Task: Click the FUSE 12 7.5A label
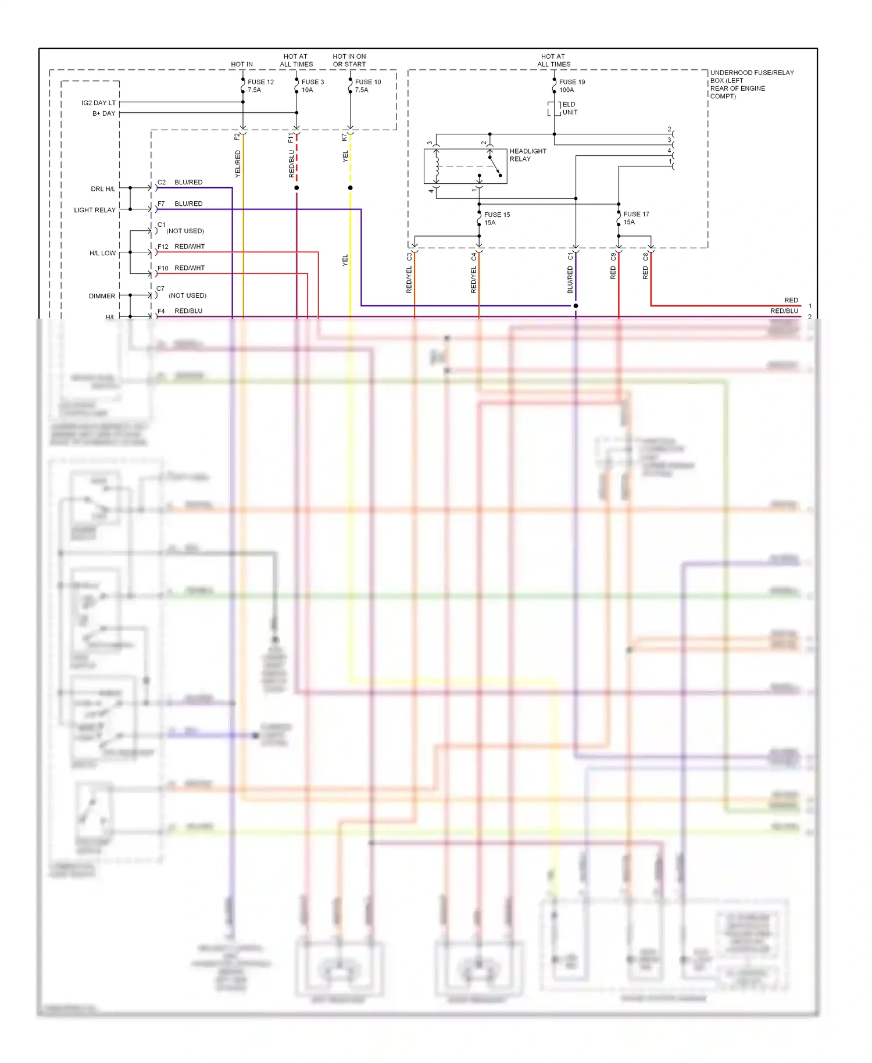point(260,86)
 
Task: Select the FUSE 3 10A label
point(312,86)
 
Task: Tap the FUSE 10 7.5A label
point(367,86)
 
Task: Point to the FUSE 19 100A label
point(571,86)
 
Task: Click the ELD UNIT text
point(569,108)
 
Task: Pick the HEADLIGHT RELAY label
point(527,155)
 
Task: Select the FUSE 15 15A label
point(496,219)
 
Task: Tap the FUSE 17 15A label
point(635,218)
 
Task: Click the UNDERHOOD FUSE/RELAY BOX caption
point(751,84)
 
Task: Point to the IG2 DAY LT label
point(98,103)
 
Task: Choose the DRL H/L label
point(103,189)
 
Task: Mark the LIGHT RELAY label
point(95,210)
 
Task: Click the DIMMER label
point(102,296)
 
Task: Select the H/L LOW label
point(102,253)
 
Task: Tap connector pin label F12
point(163,247)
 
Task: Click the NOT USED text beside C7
point(187,295)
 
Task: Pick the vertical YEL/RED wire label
point(237,163)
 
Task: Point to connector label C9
point(613,256)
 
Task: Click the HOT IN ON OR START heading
point(349,60)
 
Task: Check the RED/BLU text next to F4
point(188,311)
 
